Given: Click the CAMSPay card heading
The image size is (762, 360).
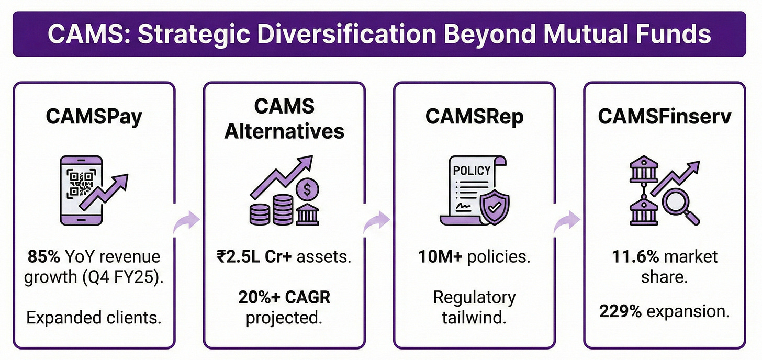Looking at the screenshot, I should tap(94, 117).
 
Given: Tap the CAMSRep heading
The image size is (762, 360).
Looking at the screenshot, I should tap(474, 116).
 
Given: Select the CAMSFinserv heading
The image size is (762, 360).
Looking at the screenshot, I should tap(664, 116).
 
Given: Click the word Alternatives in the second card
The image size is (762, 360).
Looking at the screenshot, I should tap(284, 130).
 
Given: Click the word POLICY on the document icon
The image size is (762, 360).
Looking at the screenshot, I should tap(473, 171).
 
